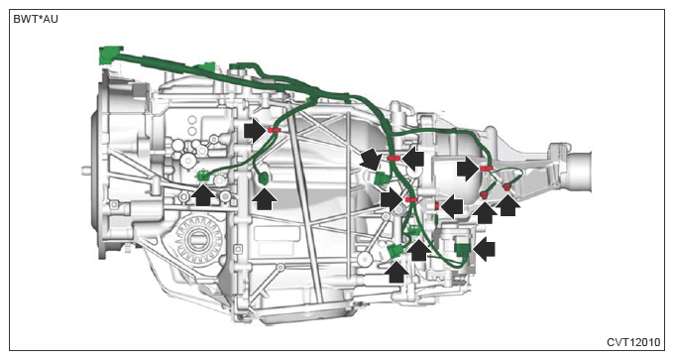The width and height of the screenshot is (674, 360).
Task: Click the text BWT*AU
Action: (x=36, y=19)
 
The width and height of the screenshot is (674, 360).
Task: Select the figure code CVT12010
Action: (x=633, y=342)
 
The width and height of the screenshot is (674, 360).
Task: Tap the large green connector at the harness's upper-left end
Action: (x=110, y=56)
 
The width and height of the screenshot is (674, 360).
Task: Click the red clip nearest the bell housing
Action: (x=274, y=130)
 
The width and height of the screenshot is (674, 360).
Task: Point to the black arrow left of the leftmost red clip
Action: (x=255, y=130)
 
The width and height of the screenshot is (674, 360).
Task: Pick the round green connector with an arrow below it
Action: (x=263, y=178)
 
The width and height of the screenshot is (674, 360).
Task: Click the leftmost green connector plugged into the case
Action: (x=203, y=176)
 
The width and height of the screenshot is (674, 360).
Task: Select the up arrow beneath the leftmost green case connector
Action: (x=203, y=194)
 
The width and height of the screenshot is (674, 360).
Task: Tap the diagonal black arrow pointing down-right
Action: (x=371, y=159)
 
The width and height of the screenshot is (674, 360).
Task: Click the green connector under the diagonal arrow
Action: (x=381, y=179)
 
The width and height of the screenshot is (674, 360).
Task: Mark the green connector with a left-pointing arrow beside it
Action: (x=463, y=250)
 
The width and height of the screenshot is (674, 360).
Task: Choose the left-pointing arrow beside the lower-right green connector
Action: (x=484, y=249)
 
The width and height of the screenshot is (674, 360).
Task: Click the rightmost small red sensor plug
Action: (x=507, y=186)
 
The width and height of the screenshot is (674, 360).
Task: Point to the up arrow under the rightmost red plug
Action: (x=508, y=204)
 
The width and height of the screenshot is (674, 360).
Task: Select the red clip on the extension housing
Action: (x=486, y=169)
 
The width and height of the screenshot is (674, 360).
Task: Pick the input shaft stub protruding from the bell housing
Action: (x=86, y=171)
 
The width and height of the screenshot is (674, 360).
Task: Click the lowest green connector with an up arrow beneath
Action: (x=395, y=250)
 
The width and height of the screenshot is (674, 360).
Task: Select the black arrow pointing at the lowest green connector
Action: (x=396, y=272)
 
